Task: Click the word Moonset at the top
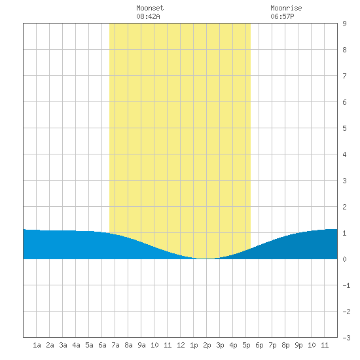tap(150, 8)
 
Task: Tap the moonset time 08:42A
tap(148, 16)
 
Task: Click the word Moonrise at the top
tap(286, 8)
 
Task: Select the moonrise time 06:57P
tap(282, 16)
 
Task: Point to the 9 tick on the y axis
tap(344, 24)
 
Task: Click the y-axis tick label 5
tap(344, 128)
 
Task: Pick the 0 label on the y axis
tap(344, 259)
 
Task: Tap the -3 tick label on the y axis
tap(346, 338)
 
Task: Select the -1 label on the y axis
tap(346, 285)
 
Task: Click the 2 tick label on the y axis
tap(344, 207)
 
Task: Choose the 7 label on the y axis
tap(344, 76)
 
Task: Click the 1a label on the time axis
tap(37, 345)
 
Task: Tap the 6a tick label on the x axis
tap(102, 345)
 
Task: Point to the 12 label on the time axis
tap(181, 345)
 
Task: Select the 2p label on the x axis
tap(207, 345)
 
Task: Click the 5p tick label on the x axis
tap(246, 345)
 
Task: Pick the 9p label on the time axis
tap(298, 345)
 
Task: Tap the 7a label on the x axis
tap(115, 345)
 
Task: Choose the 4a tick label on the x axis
tap(76, 345)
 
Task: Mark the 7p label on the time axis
tap(272, 345)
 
